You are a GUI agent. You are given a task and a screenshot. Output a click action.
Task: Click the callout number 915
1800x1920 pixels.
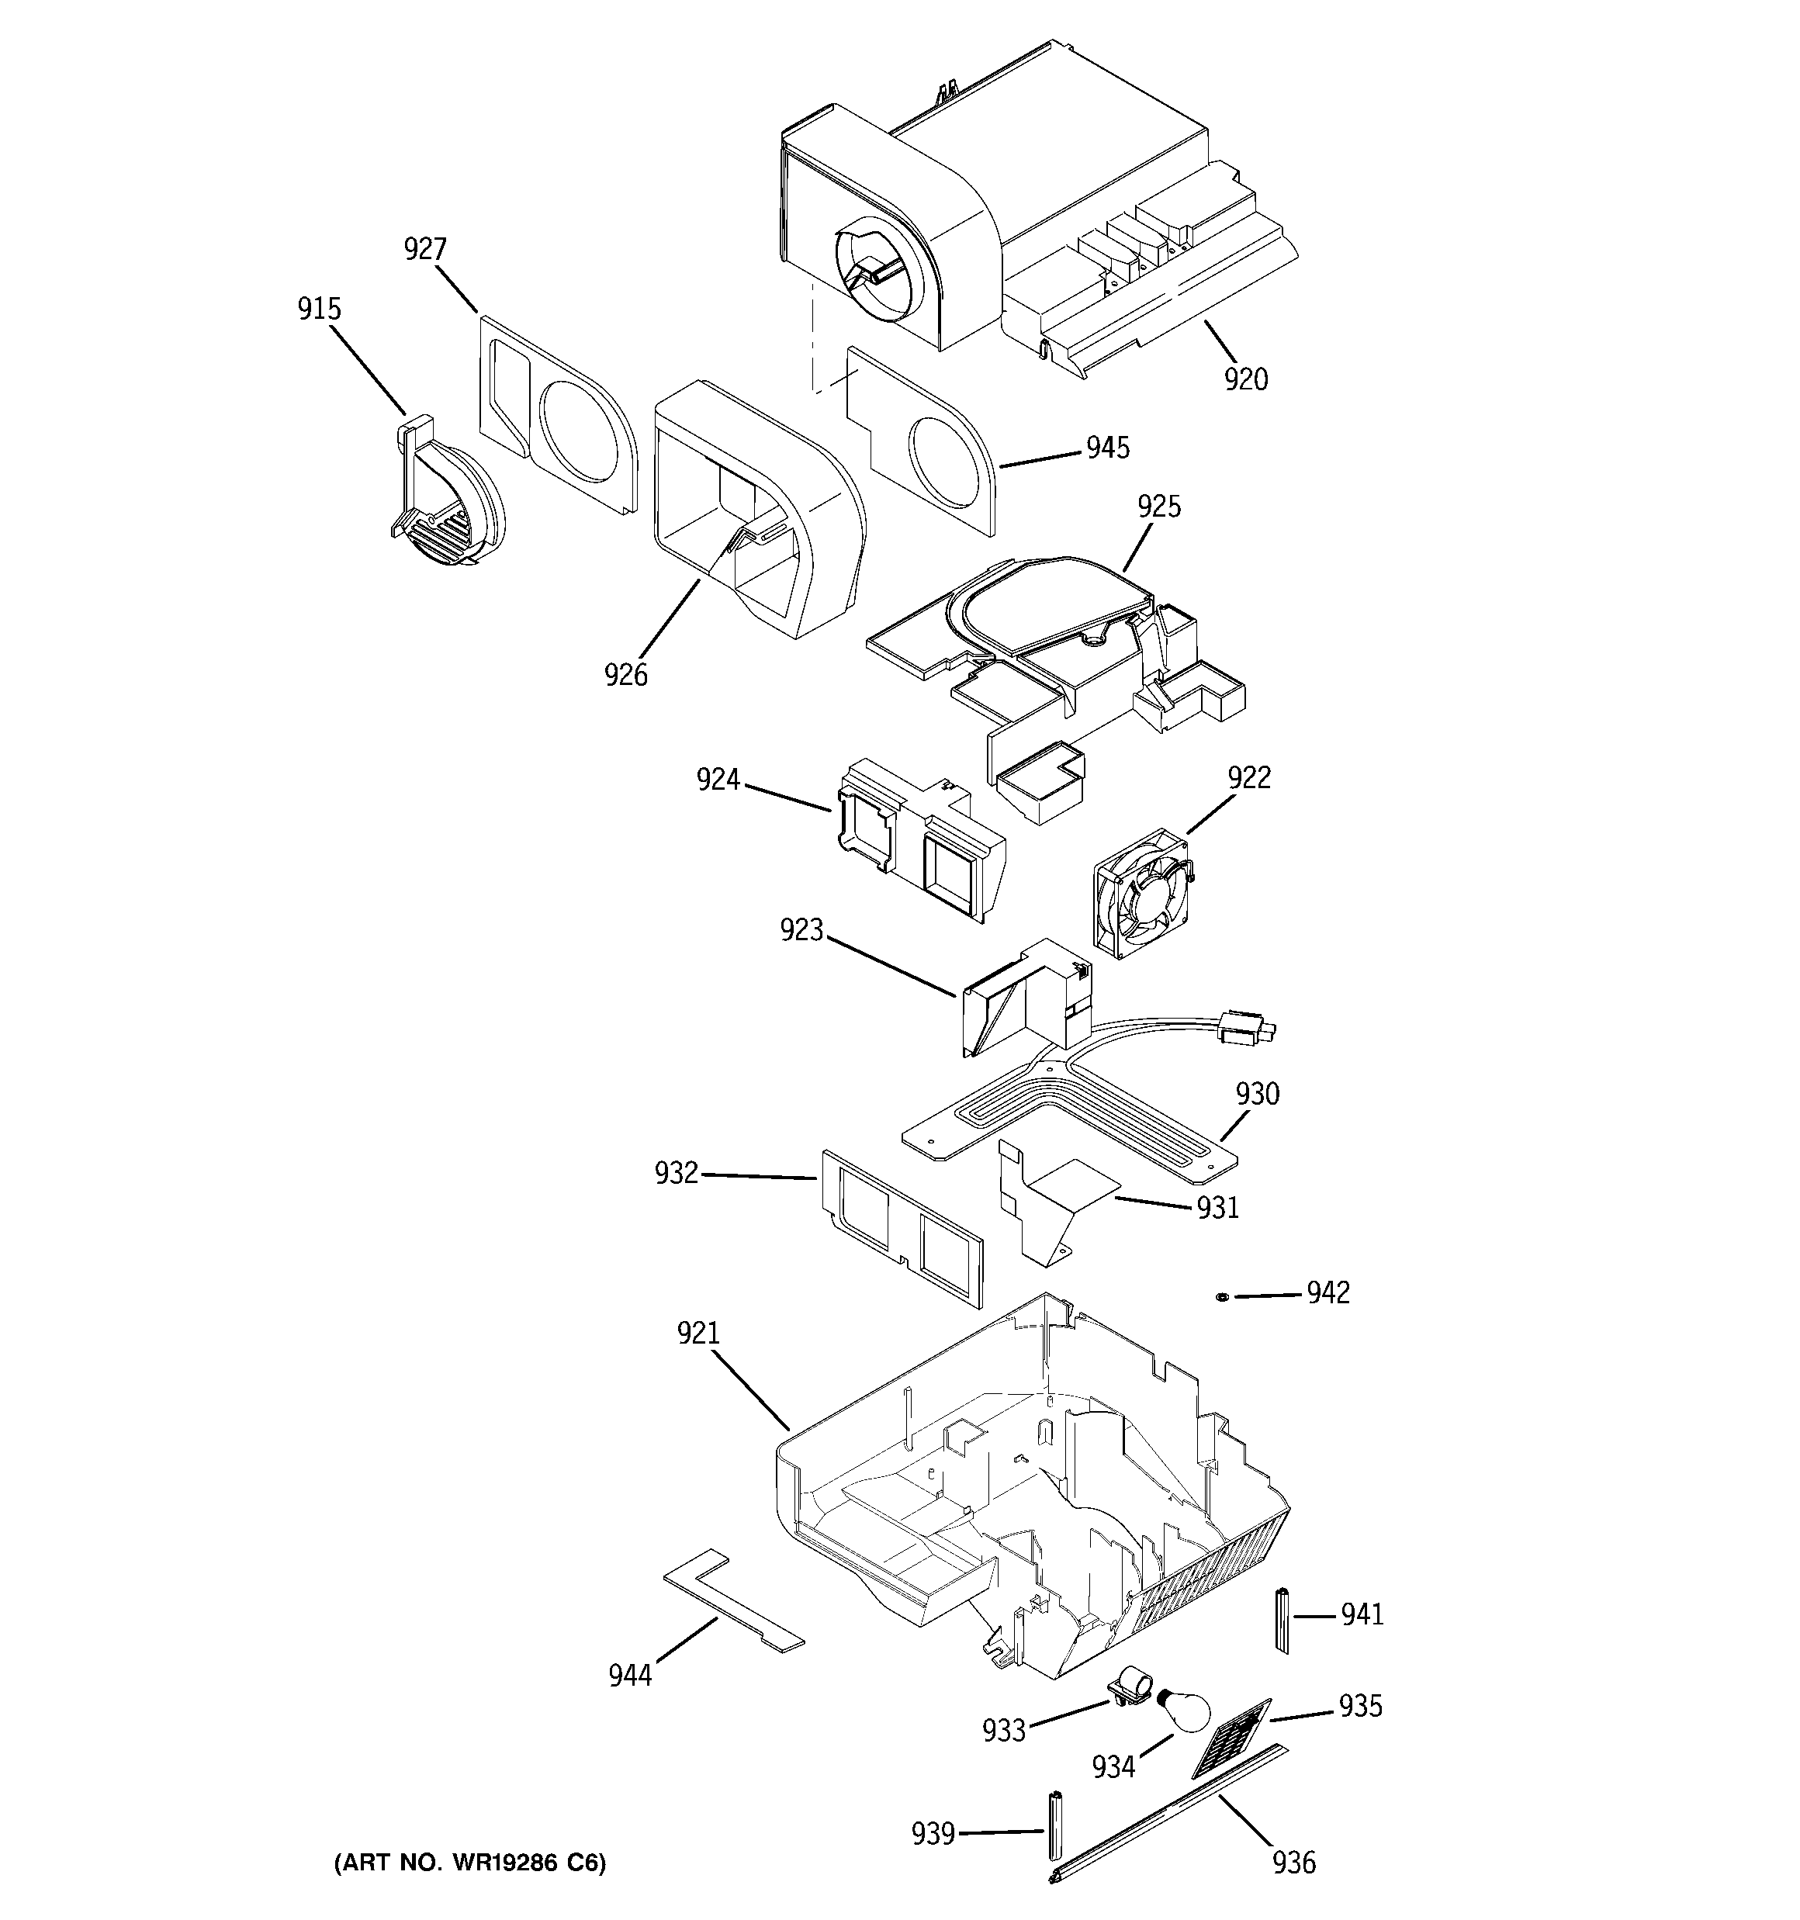(x=319, y=309)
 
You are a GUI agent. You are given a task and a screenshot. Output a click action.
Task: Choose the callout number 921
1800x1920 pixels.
(x=698, y=1333)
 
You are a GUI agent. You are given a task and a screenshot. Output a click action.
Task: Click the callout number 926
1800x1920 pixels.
(x=626, y=674)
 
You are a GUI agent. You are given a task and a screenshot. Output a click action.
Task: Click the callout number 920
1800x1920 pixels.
(x=1245, y=379)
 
